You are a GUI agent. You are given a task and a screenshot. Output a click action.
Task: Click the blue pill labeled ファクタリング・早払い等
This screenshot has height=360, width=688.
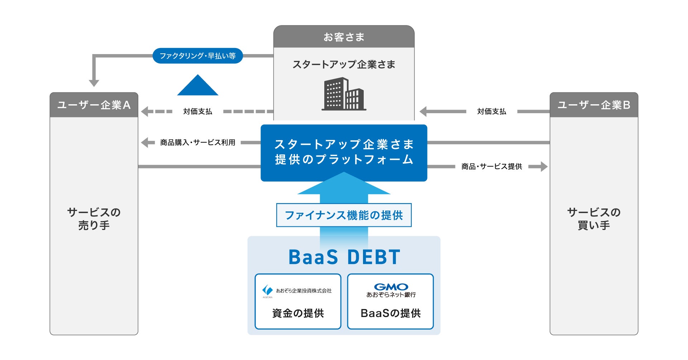197,56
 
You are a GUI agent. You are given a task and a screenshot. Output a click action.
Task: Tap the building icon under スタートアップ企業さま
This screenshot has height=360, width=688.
344,94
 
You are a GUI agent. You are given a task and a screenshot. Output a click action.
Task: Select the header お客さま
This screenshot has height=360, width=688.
344,37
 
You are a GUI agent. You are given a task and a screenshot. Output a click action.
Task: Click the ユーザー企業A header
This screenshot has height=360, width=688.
94,105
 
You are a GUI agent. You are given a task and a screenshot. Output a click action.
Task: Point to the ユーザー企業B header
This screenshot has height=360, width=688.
594,105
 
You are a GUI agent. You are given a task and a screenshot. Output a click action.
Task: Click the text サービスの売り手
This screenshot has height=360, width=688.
94,219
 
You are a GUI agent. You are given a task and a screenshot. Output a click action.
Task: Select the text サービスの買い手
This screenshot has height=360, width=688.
594,219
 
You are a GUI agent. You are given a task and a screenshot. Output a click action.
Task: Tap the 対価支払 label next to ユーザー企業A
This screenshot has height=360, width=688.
197,111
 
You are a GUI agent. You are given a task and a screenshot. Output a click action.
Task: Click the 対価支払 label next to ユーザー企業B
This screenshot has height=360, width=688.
492,111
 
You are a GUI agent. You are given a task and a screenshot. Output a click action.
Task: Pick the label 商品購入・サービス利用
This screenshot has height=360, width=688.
197,143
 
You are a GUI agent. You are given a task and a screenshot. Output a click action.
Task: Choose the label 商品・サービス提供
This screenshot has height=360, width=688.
492,167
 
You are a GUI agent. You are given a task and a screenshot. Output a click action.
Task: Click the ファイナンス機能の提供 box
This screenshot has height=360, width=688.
344,215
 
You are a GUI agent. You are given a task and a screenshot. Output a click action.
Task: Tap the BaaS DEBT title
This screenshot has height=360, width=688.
344,257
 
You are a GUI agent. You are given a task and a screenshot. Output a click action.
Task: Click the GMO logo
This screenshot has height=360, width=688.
391,287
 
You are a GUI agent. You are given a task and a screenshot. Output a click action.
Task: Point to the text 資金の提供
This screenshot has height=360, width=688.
298,313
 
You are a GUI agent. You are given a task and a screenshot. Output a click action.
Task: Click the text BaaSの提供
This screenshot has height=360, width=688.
391,313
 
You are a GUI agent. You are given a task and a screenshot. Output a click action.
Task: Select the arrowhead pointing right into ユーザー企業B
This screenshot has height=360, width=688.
544,167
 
